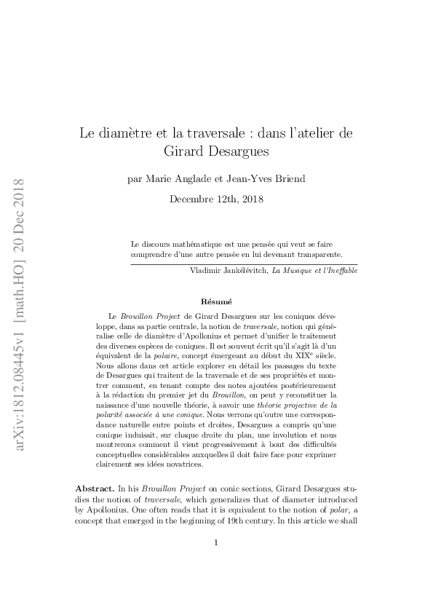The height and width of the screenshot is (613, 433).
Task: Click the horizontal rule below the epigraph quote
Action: point(244,264)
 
